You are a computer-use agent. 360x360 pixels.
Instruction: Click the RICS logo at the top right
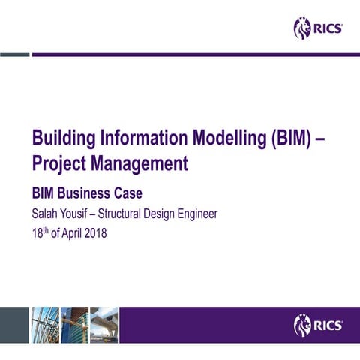319,28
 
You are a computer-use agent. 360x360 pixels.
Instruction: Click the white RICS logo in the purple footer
319,325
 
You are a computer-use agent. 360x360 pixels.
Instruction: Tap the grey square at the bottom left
13,325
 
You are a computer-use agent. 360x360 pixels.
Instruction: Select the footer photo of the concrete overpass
104,325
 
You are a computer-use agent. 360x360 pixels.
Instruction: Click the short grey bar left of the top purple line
14,54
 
